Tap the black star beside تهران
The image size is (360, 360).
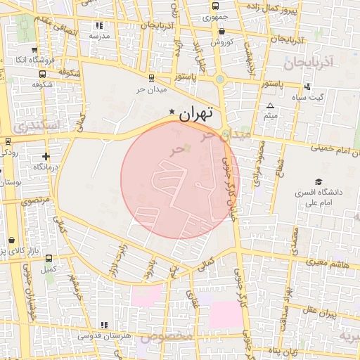(x=173, y=112)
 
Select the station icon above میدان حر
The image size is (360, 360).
(x=151, y=79)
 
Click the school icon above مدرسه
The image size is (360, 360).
(x=98, y=25)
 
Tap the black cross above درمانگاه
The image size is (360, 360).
(x=46, y=156)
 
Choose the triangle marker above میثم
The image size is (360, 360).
(x=270, y=106)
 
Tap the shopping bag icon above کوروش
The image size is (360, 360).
(x=222, y=32)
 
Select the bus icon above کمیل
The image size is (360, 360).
(x=49, y=258)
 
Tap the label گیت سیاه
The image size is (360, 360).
(x=329, y=96)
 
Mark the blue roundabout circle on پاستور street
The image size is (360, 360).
(x=220, y=79)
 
